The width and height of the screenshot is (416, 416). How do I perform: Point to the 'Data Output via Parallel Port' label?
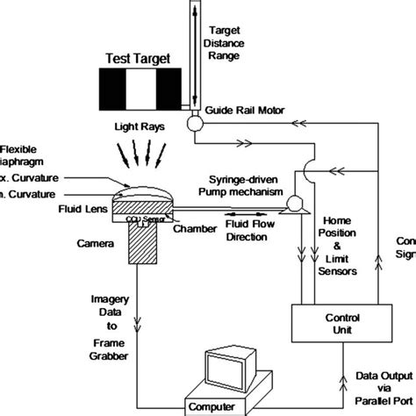click(x=379, y=387)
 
